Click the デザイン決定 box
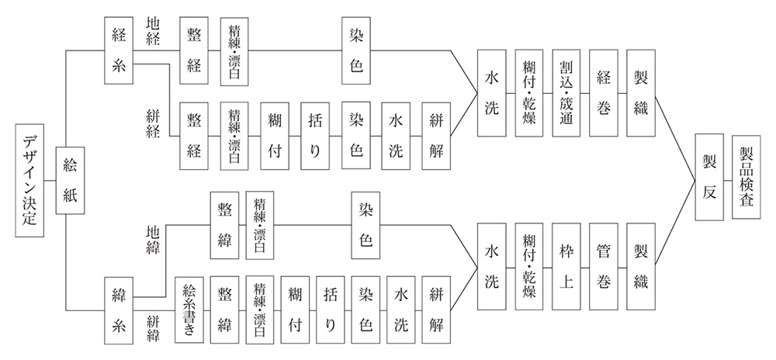(29, 180)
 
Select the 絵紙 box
(71, 180)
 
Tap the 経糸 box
(118, 50)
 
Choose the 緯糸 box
(118, 310)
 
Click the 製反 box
(708, 177)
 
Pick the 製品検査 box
(746, 177)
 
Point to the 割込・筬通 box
(566, 93)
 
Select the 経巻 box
(603, 93)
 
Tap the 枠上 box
(566, 267)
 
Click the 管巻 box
(603, 267)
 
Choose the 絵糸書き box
(189, 310)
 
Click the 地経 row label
(153, 31)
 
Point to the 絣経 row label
(153, 124)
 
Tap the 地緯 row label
(153, 240)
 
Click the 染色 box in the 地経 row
(356, 50)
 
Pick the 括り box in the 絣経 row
(315, 136)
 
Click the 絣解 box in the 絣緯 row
(436, 310)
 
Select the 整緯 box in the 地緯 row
(224, 225)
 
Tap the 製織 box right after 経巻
(640, 93)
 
